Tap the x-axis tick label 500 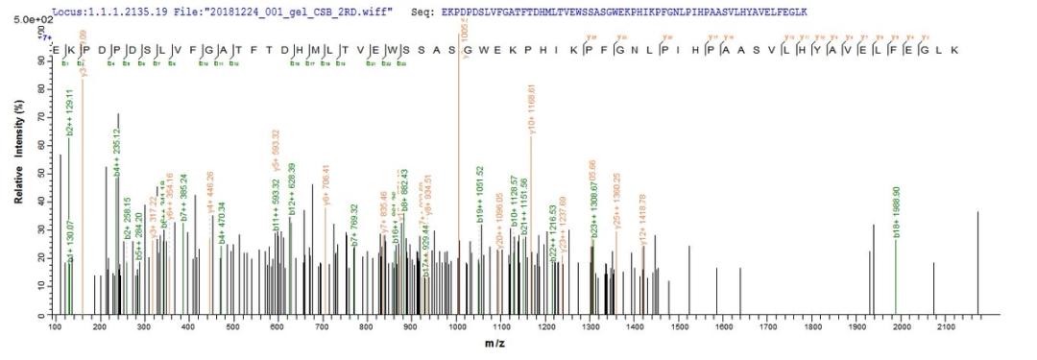[x=233, y=327]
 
